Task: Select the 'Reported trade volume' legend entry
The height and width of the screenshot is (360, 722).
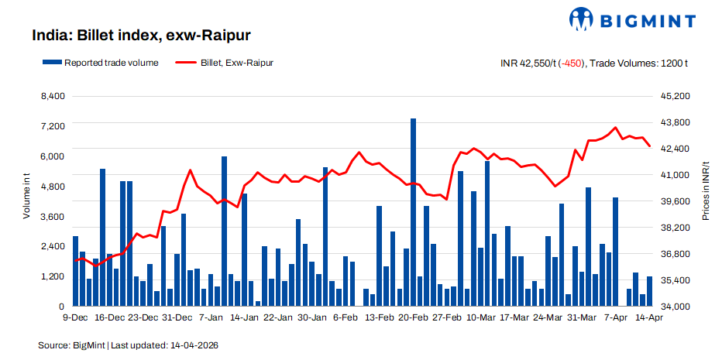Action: tap(101, 63)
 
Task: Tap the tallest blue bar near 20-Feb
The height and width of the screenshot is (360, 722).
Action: tap(413, 212)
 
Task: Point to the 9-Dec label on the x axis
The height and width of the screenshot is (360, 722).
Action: tap(75, 317)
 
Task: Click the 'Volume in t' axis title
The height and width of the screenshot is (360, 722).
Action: tap(26, 197)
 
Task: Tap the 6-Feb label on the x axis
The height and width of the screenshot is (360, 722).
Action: tap(346, 317)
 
